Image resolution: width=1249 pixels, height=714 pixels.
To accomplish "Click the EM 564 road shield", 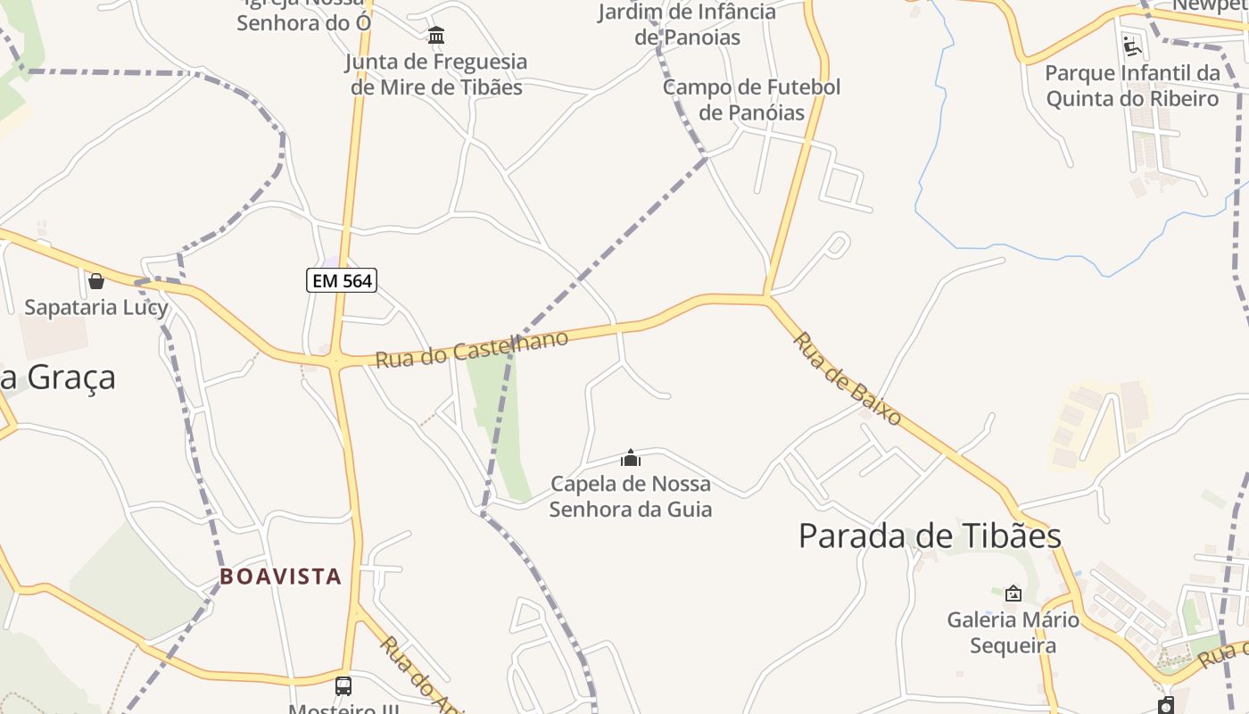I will [x=342, y=281].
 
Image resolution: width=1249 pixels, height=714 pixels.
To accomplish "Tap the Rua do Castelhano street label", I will [x=471, y=348].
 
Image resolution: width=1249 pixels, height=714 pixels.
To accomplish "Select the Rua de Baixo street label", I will [x=847, y=378].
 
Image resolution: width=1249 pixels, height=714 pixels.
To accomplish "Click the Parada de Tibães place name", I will [x=929, y=536].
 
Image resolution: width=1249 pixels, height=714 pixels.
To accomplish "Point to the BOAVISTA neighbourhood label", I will [x=281, y=577].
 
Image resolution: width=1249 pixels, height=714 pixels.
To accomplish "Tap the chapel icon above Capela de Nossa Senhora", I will [x=631, y=459].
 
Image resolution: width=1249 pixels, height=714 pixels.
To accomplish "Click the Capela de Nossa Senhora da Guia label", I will [x=631, y=496].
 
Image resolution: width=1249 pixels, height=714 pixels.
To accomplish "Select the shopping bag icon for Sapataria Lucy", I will [x=96, y=281].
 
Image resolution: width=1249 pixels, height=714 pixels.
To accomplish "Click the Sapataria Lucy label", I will [x=96, y=308].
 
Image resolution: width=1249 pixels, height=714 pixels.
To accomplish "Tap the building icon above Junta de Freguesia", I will [x=436, y=36].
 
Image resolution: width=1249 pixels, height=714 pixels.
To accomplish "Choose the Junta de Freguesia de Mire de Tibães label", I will [x=436, y=74].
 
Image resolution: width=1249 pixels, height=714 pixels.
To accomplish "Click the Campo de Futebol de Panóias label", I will [x=751, y=100].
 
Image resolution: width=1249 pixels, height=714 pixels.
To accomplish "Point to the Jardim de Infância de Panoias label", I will [x=687, y=25].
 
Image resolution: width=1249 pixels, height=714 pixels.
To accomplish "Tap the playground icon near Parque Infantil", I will [x=1132, y=46].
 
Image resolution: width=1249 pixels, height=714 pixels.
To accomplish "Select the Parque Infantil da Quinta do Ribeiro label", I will [x=1132, y=86].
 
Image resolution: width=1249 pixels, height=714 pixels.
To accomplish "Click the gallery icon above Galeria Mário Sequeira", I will [x=1013, y=594].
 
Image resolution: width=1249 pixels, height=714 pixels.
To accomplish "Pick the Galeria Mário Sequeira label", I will [x=1013, y=632].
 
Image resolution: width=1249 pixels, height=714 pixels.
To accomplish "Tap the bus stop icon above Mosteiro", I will [x=343, y=686].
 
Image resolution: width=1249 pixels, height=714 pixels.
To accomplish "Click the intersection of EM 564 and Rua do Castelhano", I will [x=336, y=361].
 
